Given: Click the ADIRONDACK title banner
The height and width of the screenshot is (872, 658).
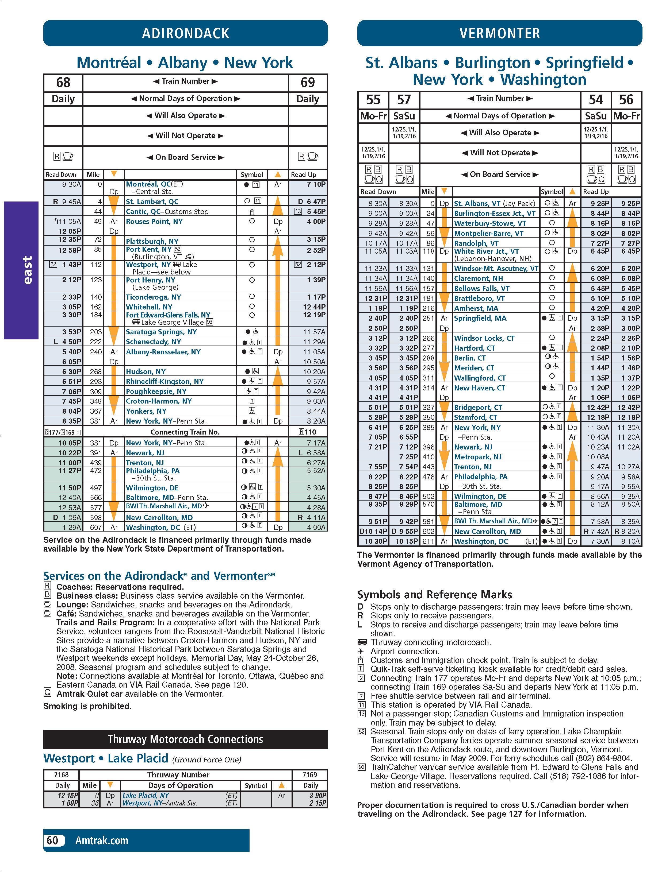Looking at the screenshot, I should click(185, 33).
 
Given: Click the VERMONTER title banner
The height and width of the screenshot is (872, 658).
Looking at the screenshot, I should click(499, 33).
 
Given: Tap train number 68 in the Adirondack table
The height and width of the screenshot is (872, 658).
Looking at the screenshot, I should click(63, 82).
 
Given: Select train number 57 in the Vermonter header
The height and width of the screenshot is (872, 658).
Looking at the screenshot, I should click(404, 100).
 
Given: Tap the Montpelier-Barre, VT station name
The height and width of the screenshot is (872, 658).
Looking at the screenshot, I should click(488, 233).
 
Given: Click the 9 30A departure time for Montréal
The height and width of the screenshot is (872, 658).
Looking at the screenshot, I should click(71, 184).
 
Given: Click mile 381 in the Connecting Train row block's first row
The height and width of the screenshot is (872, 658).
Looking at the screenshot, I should click(96, 443).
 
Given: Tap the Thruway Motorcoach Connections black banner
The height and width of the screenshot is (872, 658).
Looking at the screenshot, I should click(185, 739).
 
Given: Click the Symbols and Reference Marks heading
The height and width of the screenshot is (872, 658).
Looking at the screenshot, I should click(435, 595).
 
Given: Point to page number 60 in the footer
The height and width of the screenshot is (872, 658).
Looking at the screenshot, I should click(52, 840).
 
